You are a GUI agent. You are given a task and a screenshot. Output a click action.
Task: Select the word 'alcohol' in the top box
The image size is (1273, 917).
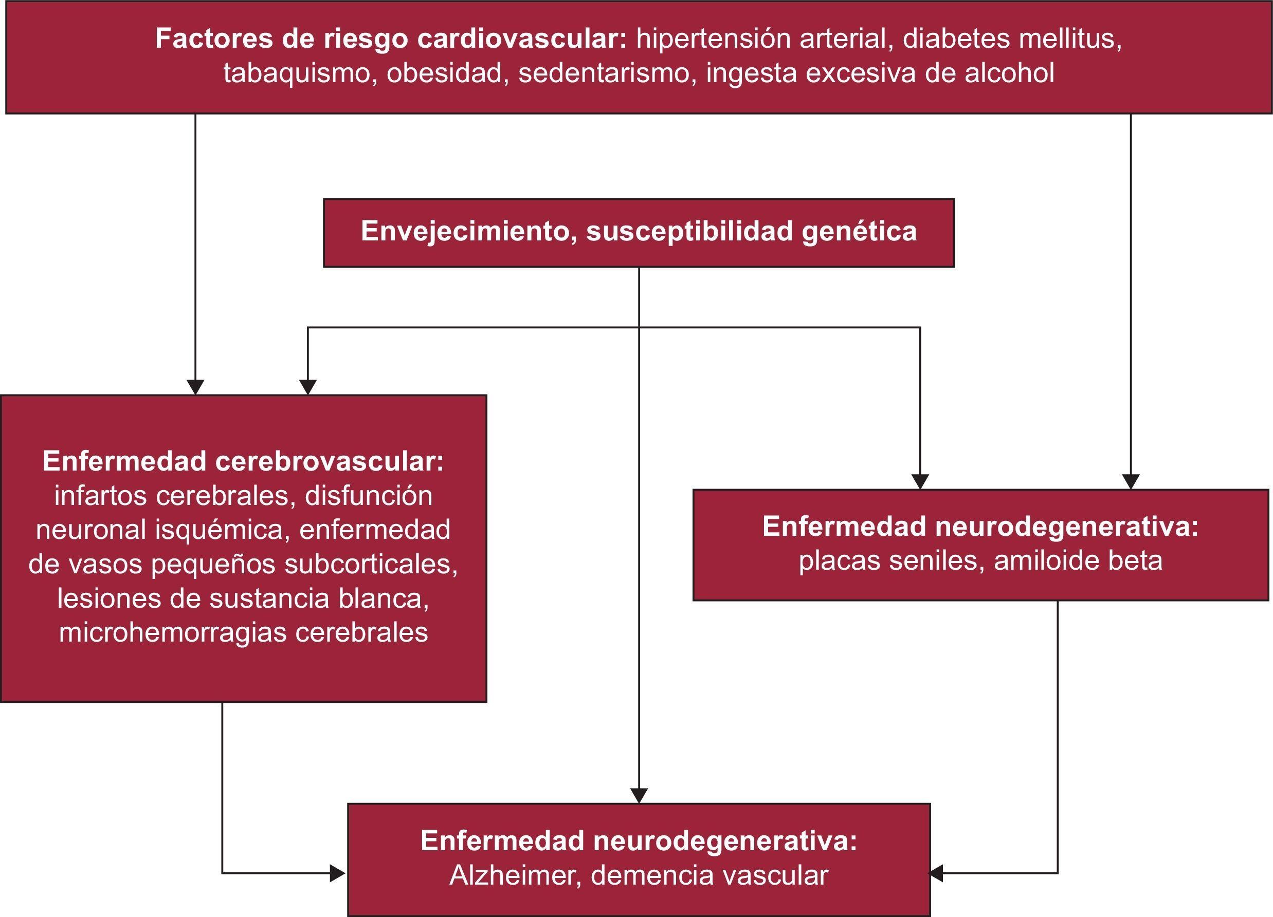[x=1009, y=73]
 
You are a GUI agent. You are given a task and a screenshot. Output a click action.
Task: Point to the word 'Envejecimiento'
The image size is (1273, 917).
[x=465, y=231]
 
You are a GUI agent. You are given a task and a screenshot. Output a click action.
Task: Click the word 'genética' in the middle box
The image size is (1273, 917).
[x=859, y=231]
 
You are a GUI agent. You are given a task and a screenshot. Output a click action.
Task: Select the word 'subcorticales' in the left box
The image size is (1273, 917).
[x=371, y=564]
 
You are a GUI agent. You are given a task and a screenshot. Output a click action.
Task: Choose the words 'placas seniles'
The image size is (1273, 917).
[x=888, y=561]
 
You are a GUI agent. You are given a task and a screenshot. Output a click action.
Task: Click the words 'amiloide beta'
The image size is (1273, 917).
[x=1078, y=561]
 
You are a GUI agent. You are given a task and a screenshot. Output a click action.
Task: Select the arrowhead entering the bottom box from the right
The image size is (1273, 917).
[x=937, y=873]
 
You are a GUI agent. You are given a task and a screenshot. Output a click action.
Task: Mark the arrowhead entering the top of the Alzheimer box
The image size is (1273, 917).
[x=639, y=795]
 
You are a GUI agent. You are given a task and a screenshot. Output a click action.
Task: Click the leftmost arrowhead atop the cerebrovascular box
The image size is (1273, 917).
[x=195, y=387]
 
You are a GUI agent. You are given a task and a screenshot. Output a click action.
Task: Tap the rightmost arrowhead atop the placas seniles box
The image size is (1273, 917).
[x=1131, y=481]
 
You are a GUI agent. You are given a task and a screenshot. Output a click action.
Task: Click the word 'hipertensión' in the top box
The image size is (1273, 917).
[x=713, y=39]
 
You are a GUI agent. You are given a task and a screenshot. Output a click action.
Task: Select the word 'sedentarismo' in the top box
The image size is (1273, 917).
[x=604, y=73]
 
